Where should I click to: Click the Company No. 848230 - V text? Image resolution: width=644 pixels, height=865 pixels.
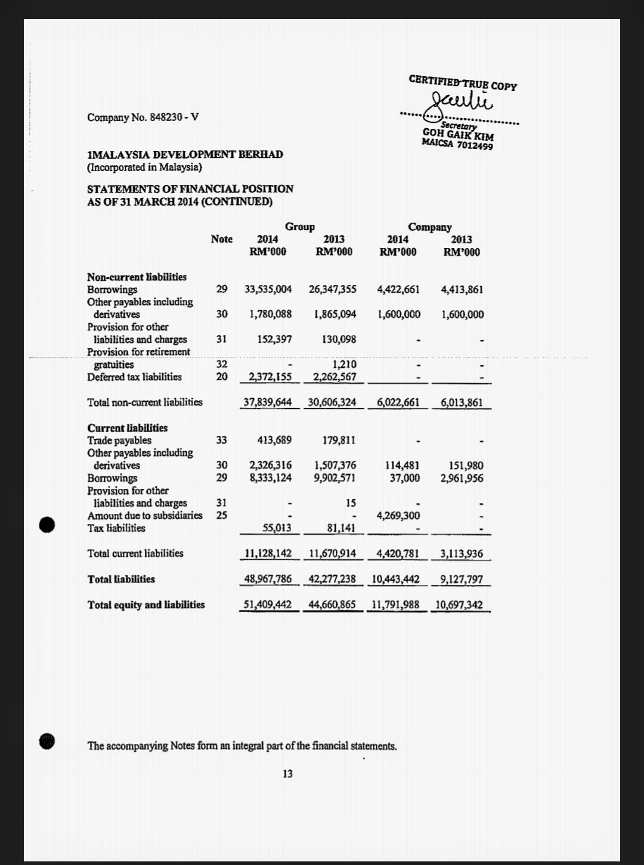coord(143,117)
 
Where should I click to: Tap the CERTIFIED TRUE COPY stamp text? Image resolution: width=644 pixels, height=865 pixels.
coord(463,82)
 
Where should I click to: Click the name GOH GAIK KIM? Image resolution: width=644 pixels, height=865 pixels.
coord(458,134)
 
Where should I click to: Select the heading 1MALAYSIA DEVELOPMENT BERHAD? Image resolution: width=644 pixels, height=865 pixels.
coord(185,154)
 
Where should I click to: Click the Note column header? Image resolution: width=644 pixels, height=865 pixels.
coord(221,239)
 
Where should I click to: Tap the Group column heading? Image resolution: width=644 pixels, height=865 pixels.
coord(299,227)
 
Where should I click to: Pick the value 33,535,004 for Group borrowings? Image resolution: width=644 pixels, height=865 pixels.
coord(268,290)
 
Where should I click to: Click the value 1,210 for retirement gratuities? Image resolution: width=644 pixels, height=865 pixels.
coord(344,364)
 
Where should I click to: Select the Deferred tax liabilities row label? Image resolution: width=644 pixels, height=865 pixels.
coord(134,377)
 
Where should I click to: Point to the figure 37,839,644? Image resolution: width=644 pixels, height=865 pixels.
coord(268,402)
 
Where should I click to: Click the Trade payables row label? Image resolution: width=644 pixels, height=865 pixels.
coord(119,441)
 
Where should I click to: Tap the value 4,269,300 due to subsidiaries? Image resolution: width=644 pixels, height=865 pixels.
coord(398,516)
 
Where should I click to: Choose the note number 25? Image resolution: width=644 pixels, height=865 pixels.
coord(221,516)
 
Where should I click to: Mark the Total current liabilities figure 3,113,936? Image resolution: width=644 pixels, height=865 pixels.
coord(462,554)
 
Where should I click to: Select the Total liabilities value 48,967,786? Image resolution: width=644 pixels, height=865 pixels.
coord(268,579)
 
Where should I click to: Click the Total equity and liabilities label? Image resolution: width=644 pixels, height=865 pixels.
coord(146,604)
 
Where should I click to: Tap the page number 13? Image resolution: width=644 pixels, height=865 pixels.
coord(287,774)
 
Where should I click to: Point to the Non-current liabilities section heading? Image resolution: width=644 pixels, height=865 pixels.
coord(137,277)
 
